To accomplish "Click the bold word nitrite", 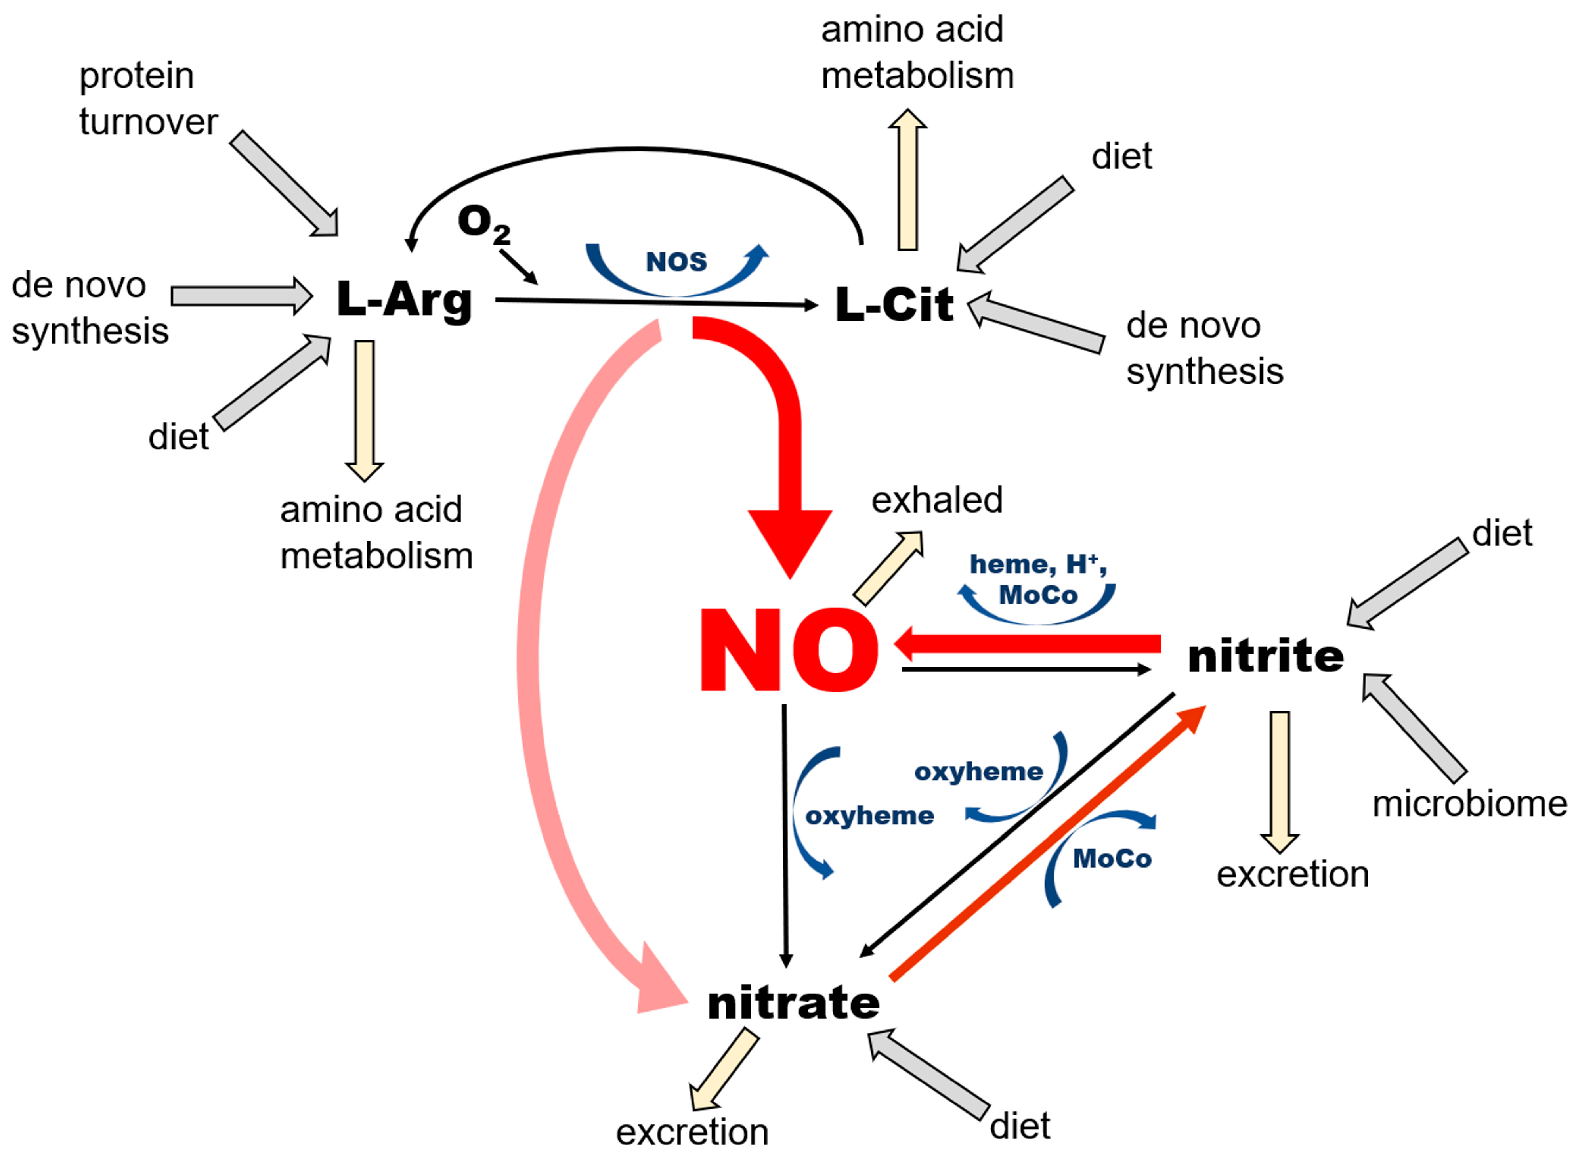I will click(1266, 656).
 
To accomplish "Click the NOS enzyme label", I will click(676, 262).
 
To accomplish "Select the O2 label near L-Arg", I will click(483, 224).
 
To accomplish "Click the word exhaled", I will click(937, 500).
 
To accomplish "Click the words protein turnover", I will click(147, 99).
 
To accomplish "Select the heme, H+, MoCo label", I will click(1037, 579).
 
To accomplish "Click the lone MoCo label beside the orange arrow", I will click(1112, 859).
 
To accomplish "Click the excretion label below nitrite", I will click(1292, 874).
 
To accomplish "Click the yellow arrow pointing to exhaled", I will click(888, 567).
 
